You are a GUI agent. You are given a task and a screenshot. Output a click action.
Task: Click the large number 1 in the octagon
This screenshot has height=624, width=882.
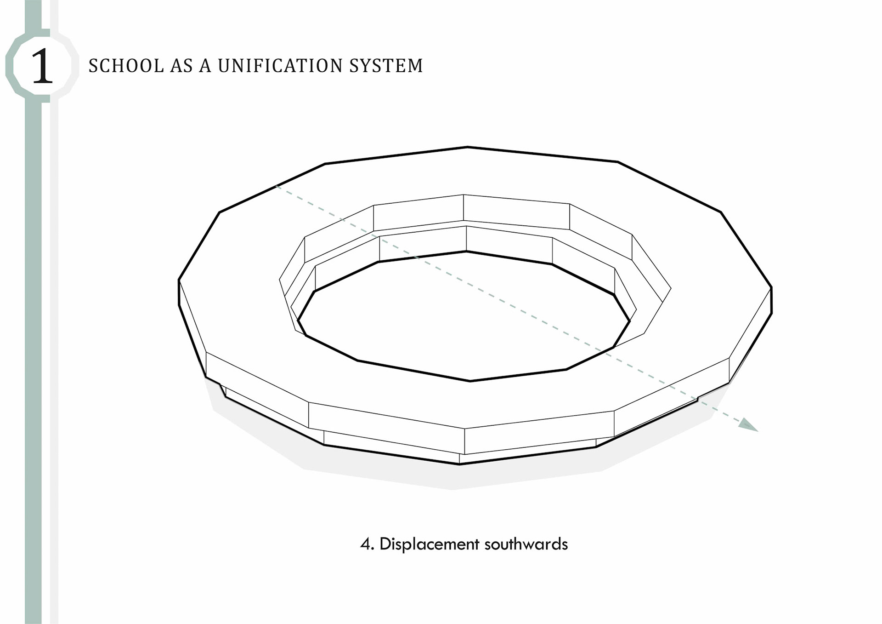click(x=42, y=67)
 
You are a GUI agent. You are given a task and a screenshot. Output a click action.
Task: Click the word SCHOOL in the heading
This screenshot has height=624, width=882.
click(x=126, y=66)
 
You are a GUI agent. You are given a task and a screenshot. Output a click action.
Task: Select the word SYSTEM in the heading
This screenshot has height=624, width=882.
click(x=386, y=66)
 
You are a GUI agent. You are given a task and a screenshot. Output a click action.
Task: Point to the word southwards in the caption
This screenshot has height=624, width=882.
click(x=526, y=544)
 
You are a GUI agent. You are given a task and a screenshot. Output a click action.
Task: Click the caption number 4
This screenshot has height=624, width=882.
click(x=366, y=544)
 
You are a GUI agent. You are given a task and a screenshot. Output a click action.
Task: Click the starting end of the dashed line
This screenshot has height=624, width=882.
click(x=277, y=186)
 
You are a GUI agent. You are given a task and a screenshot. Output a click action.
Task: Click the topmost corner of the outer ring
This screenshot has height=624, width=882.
click(x=467, y=147)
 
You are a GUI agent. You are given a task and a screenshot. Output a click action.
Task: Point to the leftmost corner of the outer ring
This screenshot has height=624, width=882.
click(x=179, y=280)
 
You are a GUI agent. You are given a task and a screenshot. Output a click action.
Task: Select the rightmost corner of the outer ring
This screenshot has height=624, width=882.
click(x=772, y=288)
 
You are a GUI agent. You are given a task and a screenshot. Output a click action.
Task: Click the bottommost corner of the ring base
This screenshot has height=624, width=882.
click(x=459, y=464)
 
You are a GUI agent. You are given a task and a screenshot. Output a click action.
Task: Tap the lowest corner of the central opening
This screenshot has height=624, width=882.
click(x=470, y=381)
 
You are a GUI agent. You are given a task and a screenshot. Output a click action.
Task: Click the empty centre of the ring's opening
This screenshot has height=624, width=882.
click(x=464, y=317)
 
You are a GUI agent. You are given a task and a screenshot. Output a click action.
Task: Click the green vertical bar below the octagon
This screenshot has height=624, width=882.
click(x=33, y=322)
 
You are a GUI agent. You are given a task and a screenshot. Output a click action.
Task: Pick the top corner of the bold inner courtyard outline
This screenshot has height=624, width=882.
click(x=466, y=252)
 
